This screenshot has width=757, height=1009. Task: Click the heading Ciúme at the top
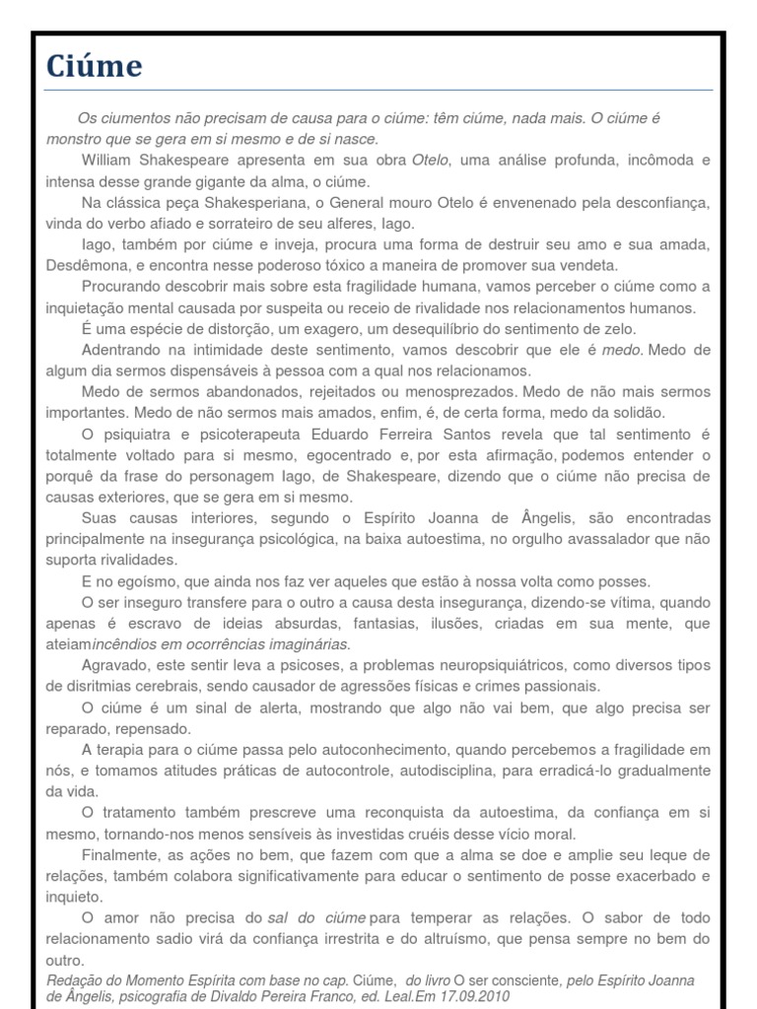click(x=95, y=67)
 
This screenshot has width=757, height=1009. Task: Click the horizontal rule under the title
click(x=378, y=91)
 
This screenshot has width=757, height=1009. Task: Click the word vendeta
click(x=588, y=265)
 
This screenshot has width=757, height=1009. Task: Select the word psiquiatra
click(x=136, y=434)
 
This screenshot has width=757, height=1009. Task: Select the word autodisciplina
click(x=522, y=771)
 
